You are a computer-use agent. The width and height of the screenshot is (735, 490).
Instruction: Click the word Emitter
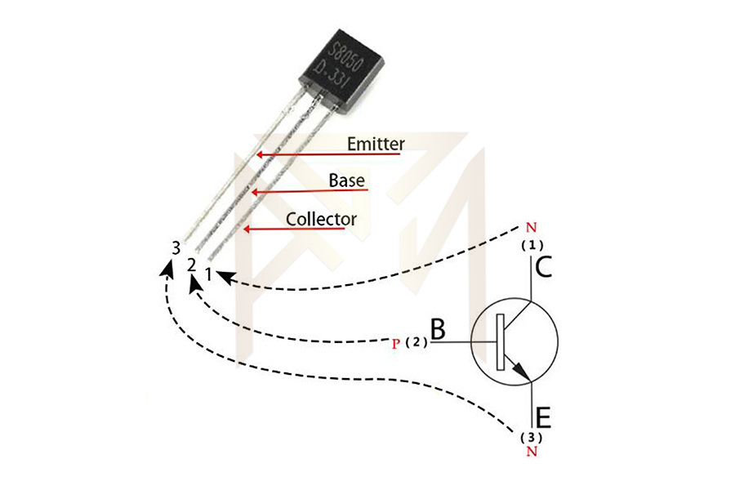tap(376, 144)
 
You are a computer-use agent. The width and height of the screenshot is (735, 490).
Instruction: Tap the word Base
tap(347, 180)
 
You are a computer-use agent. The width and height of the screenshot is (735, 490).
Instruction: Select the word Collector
tap(321, 219)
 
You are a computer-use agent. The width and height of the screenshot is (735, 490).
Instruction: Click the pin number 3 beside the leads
tap(176, 247)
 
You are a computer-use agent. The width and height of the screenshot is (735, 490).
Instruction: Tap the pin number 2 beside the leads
tap(191, 265)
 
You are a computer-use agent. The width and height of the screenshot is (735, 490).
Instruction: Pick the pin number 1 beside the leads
tap(209, 274)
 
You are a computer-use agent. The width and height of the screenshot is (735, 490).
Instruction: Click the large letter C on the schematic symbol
tap(544, 266)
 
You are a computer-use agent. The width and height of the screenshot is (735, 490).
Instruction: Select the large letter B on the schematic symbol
tap(438, 329)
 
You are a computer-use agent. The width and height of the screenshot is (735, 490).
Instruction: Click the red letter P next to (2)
tap(395, 344)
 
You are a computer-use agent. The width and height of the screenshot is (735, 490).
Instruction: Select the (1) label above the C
tap(532, 244)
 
